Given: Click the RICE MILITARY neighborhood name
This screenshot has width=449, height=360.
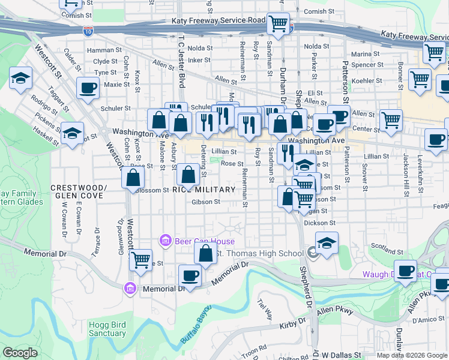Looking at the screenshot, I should click(203, 190).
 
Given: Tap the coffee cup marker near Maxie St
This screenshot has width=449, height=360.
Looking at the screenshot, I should click(88, 88).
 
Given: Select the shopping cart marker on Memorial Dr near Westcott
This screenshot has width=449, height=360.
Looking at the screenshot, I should click(140, 260).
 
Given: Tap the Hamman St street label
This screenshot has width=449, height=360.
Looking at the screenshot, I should click(100, 51).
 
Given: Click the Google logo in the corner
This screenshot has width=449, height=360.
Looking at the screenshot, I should click(19, 353).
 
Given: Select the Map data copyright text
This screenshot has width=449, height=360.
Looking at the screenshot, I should click(412, 355).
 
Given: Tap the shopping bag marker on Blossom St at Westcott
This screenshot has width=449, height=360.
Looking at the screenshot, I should click(133, 178).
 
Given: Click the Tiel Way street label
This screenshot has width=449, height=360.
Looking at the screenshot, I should click(264, 310).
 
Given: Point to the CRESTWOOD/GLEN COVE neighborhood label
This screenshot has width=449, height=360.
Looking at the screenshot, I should click(78, 191).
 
